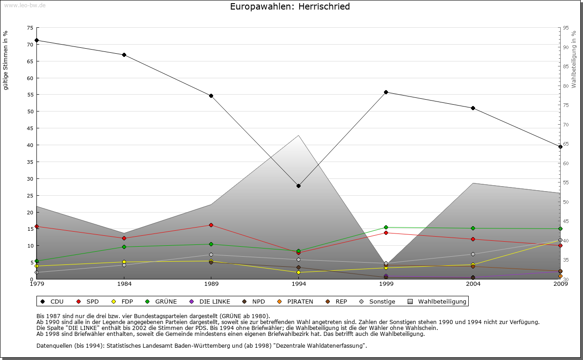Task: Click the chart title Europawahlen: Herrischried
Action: click(290, 6)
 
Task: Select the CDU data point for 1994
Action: click(299, 186)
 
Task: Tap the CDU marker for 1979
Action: click(37, 40)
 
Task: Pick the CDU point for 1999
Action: click(386, 92)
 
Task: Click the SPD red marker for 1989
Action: click(211, 225)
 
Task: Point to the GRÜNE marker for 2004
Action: click(473, 228)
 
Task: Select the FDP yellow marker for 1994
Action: click(299, 272)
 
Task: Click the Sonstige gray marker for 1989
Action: click(211, 254)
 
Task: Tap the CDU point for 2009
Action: click(560, 147)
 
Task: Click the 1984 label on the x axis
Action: click(124, 284)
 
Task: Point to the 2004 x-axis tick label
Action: click(473, 284)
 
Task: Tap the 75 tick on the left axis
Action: click(30, 28)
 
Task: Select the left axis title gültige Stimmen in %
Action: click(6, 61)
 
